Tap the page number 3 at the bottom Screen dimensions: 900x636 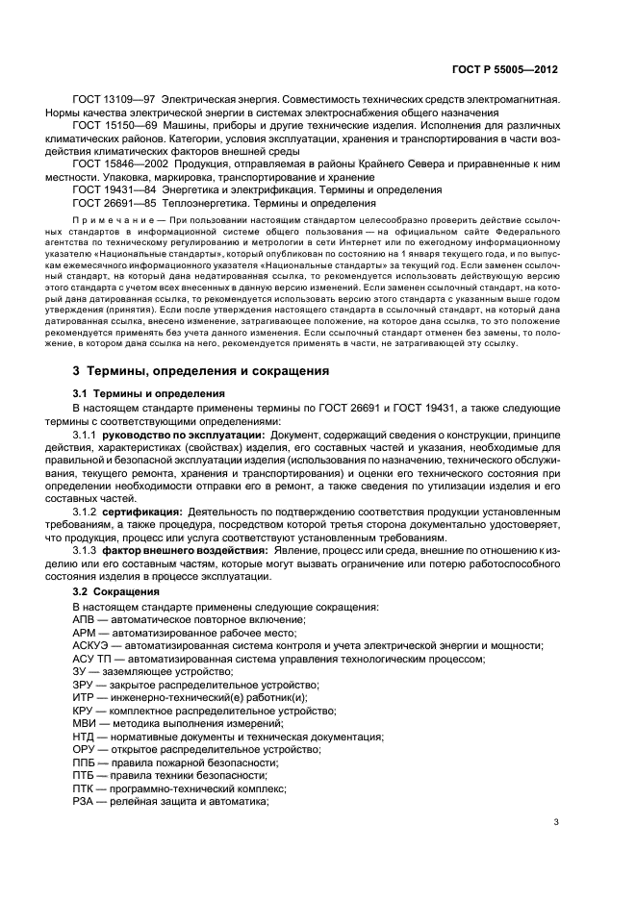pos(556,821)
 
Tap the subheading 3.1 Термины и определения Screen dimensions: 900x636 pos(149,393)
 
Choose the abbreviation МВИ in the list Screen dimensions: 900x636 pos(84,723)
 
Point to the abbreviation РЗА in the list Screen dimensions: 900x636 pos(84,801)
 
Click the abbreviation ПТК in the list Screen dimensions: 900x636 pos(84,787)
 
